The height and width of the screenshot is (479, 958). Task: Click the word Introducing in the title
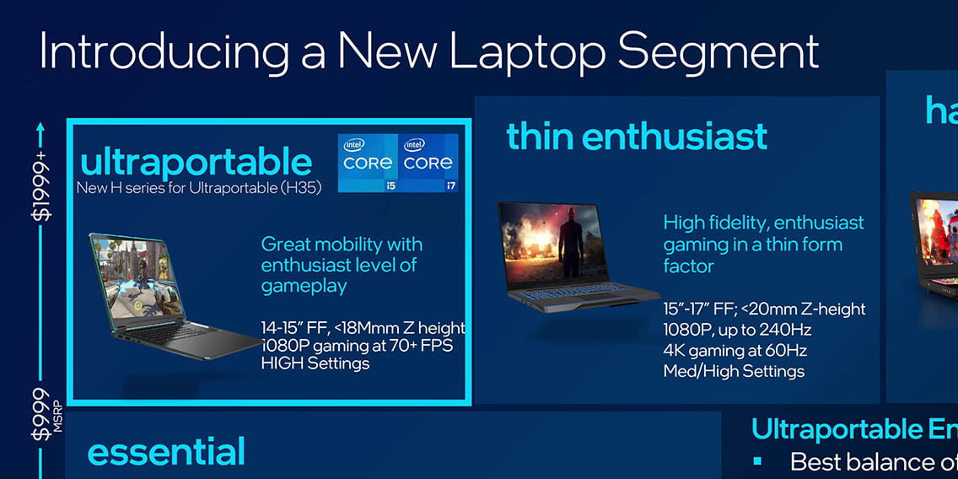coord(163,53)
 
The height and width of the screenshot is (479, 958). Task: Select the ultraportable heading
coord(196,163)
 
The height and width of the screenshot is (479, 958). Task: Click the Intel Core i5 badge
coord(368,163)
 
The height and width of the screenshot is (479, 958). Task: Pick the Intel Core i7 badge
coord(428,163)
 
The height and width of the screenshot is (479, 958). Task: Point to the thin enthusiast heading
coord(637,137)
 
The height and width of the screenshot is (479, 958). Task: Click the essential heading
coord(166,451)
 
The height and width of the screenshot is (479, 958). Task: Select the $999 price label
coord(41,413)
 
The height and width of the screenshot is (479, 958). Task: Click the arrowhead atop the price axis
coord(40,127)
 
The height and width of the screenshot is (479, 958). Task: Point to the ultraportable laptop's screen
coord(137,278)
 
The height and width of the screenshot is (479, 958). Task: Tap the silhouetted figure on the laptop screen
coord(571,243)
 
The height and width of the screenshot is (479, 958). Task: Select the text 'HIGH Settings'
coord(315,363)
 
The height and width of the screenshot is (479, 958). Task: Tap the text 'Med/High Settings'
coord(734,371)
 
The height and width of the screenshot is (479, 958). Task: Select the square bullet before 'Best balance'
coord(757,461)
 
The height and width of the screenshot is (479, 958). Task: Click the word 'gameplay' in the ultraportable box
coord(304,287)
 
